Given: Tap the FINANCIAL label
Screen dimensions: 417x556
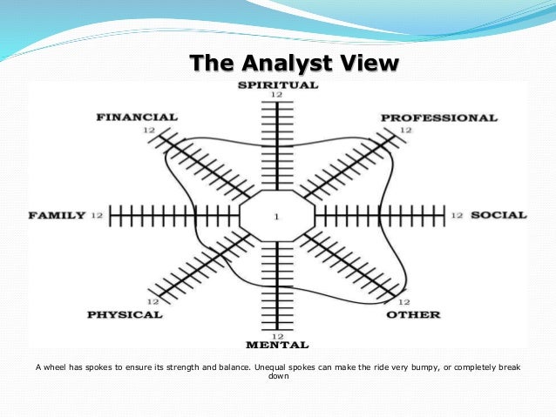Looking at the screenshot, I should click(x=137, y=117).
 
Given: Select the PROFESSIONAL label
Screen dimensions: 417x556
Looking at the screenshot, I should click(x=438, y=118).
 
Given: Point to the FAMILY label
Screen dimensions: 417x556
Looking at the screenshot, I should click(x=57, y=215).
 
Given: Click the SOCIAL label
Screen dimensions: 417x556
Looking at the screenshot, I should click(x=498, y=215).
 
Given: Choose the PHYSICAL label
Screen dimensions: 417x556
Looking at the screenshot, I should click(x=125, y=314).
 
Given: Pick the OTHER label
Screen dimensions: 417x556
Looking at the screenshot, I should click(x=412, y=314).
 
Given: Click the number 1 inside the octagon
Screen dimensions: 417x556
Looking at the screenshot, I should click(x=276, y=216).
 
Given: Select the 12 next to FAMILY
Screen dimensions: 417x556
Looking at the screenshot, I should click(x=96, y=215).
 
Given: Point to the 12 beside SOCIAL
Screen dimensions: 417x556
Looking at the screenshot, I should click(x=457, y=215).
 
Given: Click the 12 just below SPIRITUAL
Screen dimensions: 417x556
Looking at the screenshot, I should click(x=276, y=95).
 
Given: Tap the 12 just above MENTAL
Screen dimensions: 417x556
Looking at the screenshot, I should click(x=276, y=336).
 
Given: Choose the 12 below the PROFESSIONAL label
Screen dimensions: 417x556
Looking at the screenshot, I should click(x=405, y=130).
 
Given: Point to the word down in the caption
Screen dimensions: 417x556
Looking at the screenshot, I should click(x=276, y=378).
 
